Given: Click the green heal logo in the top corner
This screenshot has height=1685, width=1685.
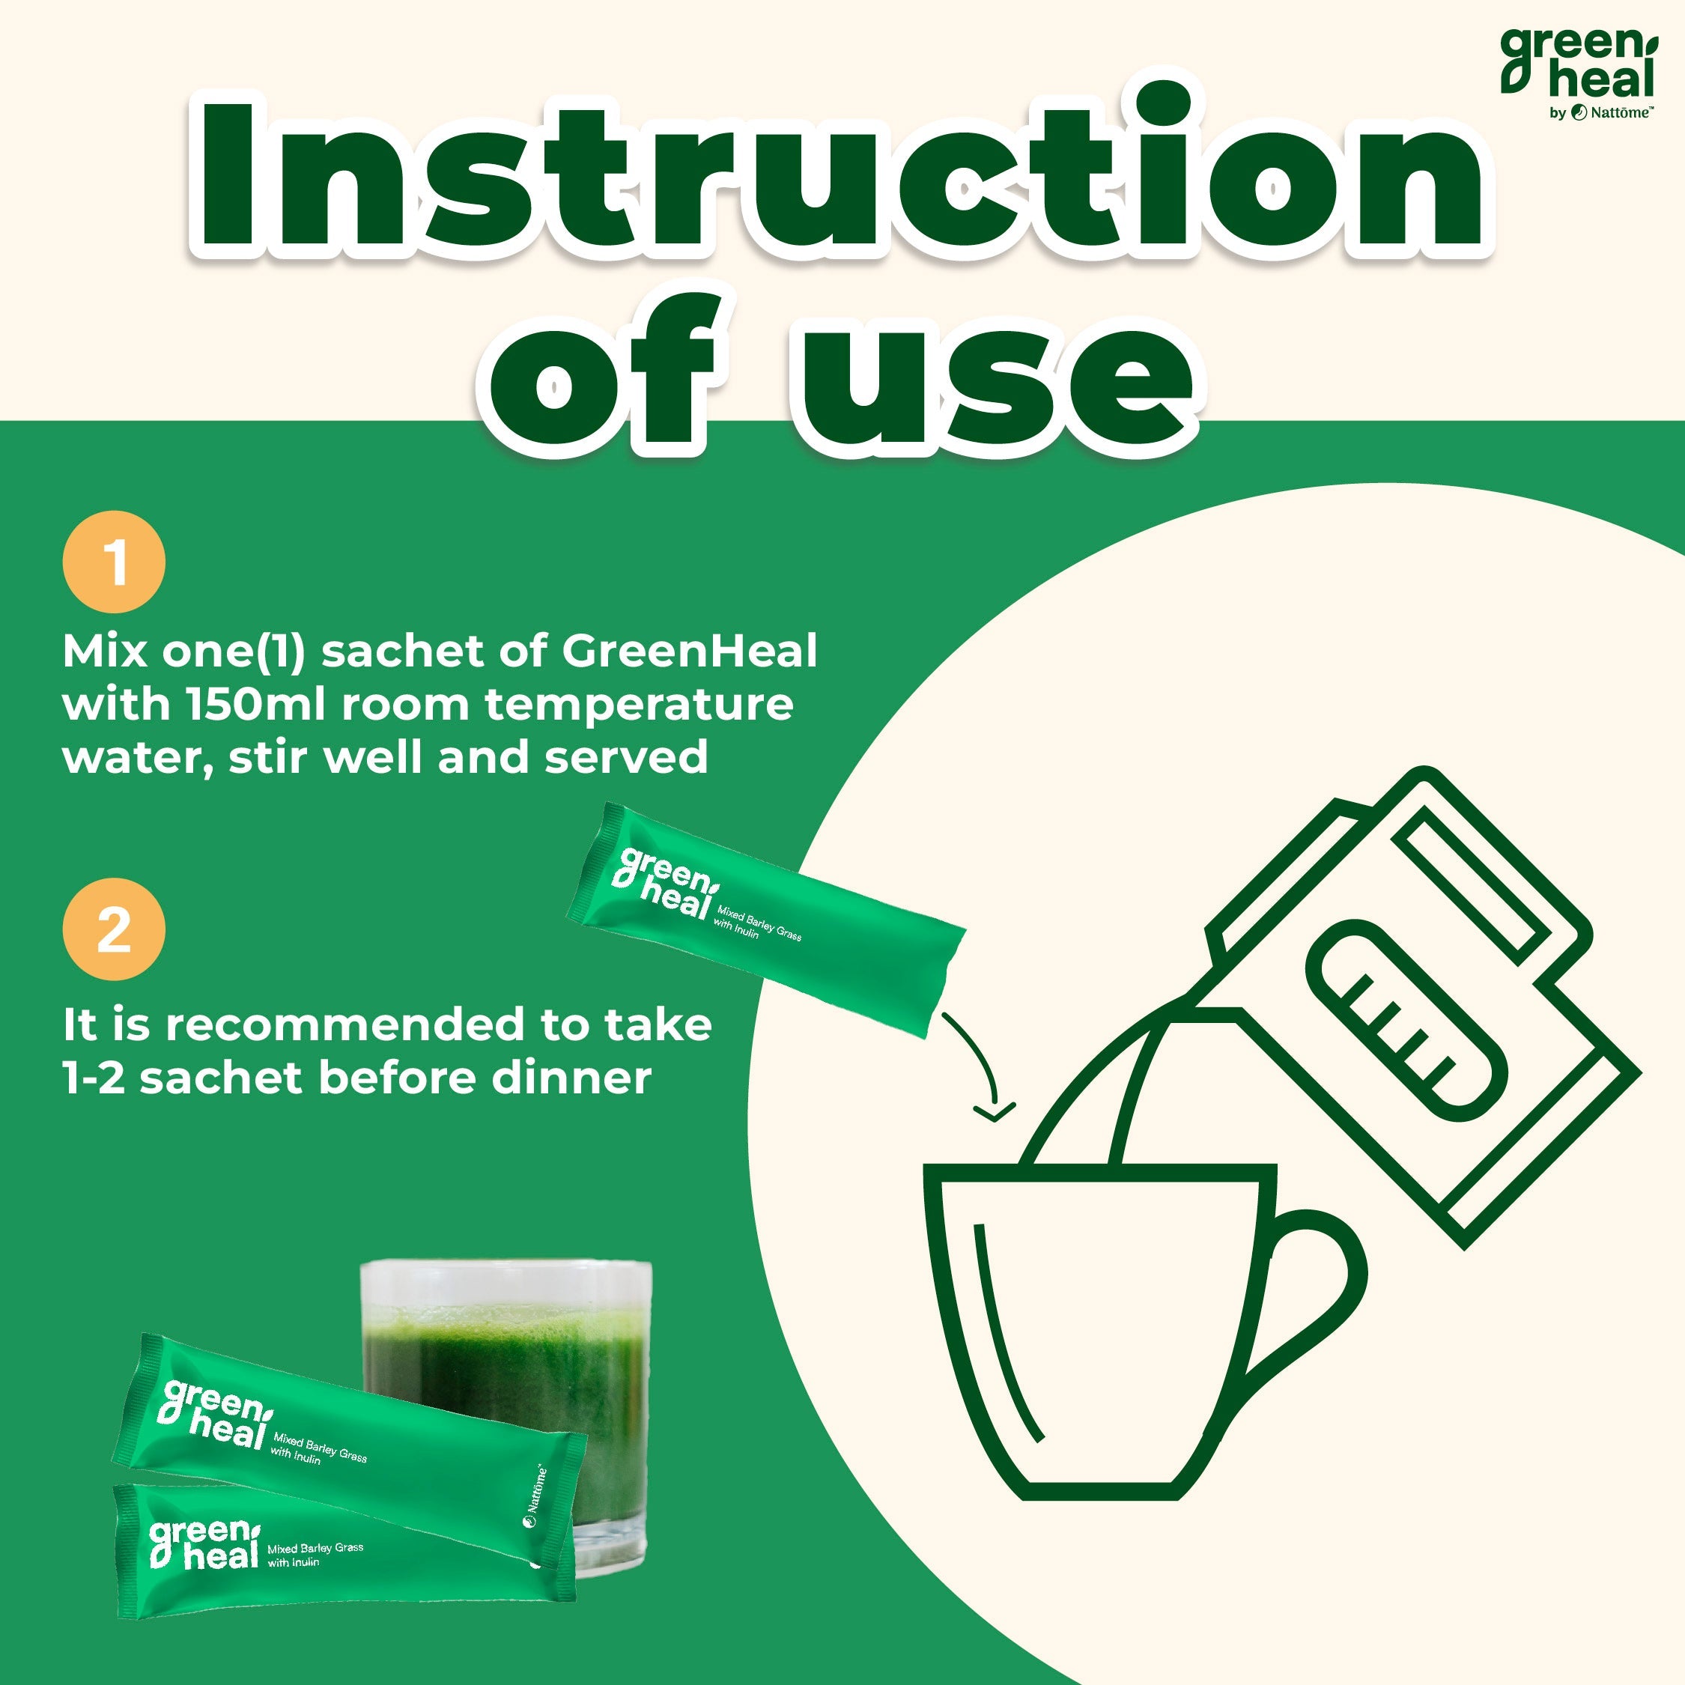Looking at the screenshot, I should [1577, 63].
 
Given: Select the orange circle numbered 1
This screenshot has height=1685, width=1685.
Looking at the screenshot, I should [113, 562].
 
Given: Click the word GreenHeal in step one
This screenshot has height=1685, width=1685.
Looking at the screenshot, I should [689, 652].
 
